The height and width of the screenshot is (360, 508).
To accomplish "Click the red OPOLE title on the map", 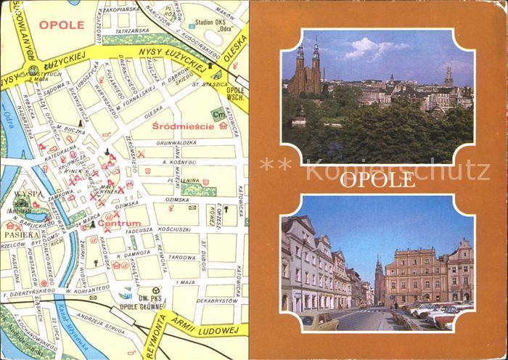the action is (x=62, y=24).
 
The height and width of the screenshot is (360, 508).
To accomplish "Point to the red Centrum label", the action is (x=120, y=224).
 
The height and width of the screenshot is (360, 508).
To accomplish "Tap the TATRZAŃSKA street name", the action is (x=132, y=31).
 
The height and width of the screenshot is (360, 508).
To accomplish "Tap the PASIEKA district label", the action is (x=22, y=235).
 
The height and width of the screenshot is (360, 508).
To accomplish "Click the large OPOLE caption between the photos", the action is (x=379, y=178).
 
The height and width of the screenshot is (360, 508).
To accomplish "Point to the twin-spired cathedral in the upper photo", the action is (x=307, y=71).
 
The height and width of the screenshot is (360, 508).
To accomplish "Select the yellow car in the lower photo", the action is (x=319, y=320).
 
